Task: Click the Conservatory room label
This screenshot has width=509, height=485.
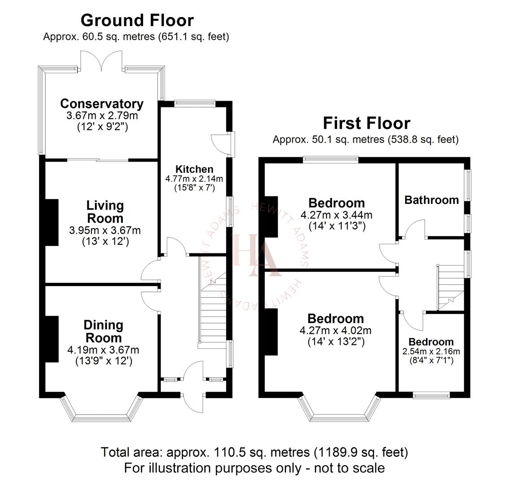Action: point(102,104)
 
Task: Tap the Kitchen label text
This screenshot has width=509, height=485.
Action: point(194,169)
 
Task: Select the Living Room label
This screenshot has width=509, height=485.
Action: point(105,212)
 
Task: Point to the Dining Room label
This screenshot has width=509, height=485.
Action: point(103,331)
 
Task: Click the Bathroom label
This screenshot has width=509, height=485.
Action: point(431,200)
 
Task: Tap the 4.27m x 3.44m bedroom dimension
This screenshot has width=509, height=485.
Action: point(336,215)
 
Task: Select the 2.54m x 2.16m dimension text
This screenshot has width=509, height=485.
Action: point(431,351)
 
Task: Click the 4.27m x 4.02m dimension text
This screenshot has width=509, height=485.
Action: point(335,331)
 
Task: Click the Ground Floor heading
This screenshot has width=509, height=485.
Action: point(137,20)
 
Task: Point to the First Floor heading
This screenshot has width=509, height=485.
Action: point(366,123)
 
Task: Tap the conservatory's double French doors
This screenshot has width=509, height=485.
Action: point(103,61)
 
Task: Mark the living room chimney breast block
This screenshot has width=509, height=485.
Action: point(52,223)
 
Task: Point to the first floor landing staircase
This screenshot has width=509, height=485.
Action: point(450,287)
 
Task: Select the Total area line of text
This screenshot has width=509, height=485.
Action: point(254,451)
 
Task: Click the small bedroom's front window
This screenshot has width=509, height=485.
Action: point(431,396)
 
